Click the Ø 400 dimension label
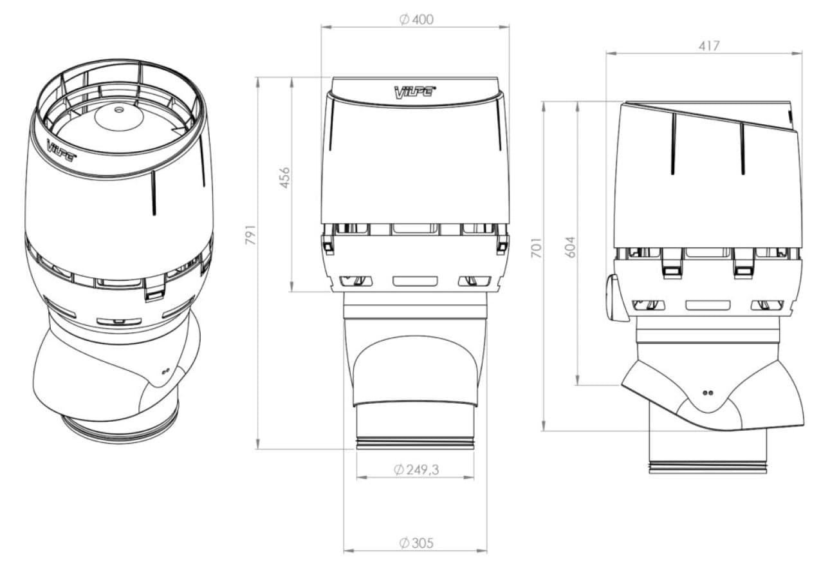coord(416,19)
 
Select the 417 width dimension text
coord(709,46)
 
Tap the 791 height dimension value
coord(250,235)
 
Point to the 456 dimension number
coord(284,178)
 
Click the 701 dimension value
coord(537,247)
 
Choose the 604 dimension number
coord(569,247)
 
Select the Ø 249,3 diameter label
coord(416,469)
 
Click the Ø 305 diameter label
coord(416,543)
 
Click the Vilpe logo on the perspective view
coord(62,149)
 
